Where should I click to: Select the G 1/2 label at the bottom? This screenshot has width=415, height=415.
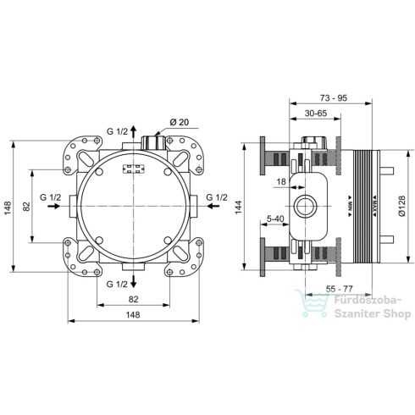coord(116,281)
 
